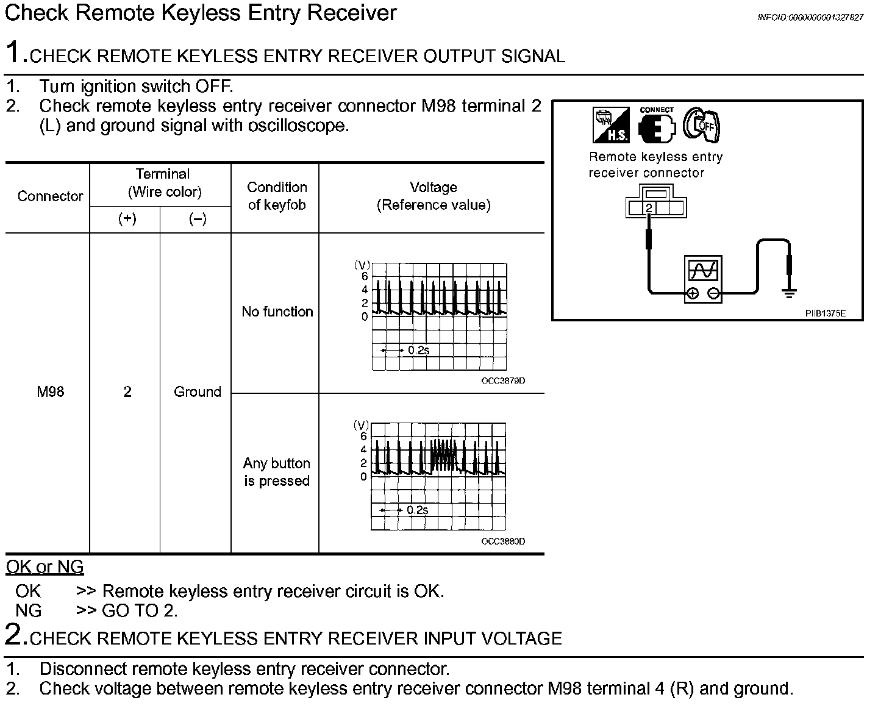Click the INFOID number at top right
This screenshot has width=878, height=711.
(810, 18)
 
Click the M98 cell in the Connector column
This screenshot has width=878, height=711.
(50, 392)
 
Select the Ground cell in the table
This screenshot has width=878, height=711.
(197, 392)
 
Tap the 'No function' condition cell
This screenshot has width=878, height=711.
(277, 312)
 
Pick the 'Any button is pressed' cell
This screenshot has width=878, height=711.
(277, 472)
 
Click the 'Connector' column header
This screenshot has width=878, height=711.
(50, 196)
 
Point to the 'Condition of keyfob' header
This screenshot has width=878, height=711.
(277, 196)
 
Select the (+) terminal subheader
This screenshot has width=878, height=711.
(127, 220)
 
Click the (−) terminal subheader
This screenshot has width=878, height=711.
(197, 220)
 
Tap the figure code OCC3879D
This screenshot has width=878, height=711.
(503, 381)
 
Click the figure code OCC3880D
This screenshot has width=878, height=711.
(503, 541)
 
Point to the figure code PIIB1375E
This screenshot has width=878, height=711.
(825, 313)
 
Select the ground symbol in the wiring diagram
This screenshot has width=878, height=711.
(790, 294)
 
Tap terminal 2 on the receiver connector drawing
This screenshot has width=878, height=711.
(649, 209)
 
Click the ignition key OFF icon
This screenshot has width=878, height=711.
(701, 124)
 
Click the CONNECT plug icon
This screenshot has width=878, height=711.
(657, 125)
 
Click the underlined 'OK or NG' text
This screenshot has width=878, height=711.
(45, 567)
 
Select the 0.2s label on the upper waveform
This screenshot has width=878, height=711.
(418, 350)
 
